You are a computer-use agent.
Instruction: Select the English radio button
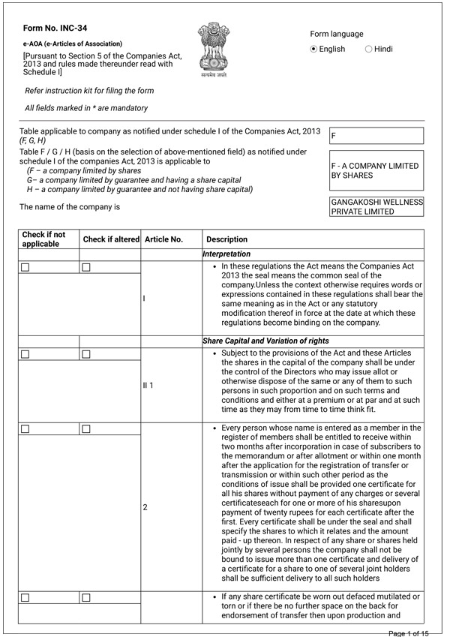(314, 49)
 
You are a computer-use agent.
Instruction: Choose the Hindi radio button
(368, 49)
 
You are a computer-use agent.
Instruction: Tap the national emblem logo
(213, 49)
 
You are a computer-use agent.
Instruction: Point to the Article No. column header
(163, 239)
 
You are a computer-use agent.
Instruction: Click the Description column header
(226, 239)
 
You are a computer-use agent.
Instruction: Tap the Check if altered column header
(111, 239)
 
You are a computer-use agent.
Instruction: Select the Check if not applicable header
(43, 239)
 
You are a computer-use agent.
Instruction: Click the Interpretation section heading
(226, 254)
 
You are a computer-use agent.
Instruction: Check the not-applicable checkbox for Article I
(25, 267)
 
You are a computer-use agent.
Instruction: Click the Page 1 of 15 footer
(408, 633)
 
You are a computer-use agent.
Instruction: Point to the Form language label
(337, 34)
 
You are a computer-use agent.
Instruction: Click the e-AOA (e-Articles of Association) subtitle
(73, 44)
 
